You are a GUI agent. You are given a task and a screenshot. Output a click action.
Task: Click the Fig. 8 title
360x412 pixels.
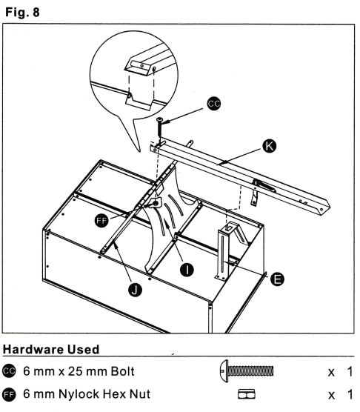22,13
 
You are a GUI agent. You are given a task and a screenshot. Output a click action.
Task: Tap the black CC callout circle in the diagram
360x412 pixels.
214,104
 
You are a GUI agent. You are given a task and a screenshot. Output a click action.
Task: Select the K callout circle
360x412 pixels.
269,146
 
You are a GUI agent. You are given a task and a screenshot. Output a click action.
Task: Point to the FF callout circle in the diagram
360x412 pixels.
101,221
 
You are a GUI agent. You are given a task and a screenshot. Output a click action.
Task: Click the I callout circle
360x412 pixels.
187,270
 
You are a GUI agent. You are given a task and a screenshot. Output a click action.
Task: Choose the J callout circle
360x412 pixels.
135,290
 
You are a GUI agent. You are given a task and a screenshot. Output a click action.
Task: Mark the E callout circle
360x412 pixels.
277,279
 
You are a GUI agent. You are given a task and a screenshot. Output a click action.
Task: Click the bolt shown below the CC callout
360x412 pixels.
159,127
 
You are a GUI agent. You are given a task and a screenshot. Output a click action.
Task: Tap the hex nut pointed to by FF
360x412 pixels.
156,203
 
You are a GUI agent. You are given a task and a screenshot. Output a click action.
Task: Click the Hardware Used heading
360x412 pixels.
51,350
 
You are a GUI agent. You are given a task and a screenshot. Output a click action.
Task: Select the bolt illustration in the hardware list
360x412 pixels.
247,371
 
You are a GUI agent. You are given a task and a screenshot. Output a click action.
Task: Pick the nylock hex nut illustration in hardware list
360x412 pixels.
247,394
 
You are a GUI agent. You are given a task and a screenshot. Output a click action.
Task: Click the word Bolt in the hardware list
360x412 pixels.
123,371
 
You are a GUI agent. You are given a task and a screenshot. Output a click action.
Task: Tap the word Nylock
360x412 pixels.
79,394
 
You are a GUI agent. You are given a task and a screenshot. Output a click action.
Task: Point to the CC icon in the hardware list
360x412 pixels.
9,371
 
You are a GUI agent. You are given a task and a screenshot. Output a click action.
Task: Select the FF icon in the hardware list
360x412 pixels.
9,394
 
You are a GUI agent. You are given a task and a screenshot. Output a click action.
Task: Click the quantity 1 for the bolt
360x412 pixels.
350,371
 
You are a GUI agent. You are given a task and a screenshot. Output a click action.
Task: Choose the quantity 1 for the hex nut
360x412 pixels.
350,394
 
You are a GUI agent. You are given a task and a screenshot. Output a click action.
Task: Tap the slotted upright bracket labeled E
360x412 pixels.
223,251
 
